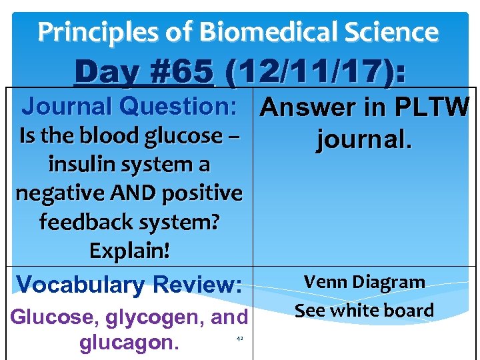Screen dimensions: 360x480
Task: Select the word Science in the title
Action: coord(397,31)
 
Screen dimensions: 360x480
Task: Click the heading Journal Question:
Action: coord(131,106)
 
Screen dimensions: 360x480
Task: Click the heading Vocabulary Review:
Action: coord(129,285)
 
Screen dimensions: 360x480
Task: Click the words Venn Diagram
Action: coord(365,282)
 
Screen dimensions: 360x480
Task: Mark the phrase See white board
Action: coord(365,310)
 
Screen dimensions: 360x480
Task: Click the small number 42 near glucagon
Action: coord(240,339)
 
